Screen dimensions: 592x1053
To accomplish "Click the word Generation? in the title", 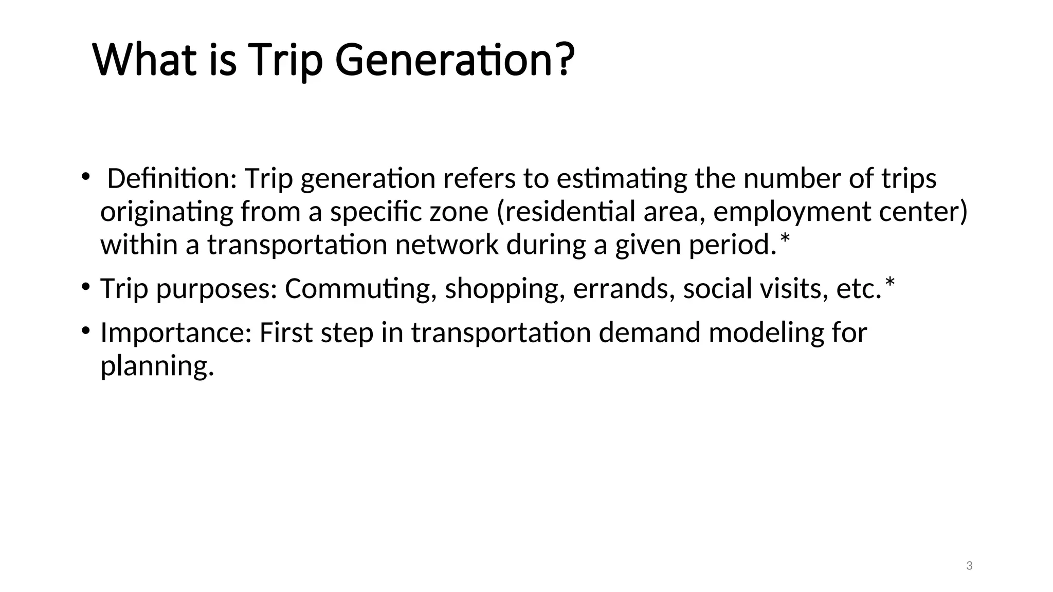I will point(455,61).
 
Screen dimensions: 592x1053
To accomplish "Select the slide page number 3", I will point(969,566).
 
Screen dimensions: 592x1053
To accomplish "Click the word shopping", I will point(501,289).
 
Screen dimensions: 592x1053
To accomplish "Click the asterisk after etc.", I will point(889,283).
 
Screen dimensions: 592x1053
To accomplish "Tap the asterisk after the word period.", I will point(785,238).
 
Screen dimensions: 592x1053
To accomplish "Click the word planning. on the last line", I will point(157,366).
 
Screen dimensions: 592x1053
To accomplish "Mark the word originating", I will point(167,212).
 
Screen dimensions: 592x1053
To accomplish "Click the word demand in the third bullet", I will point(649,333).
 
